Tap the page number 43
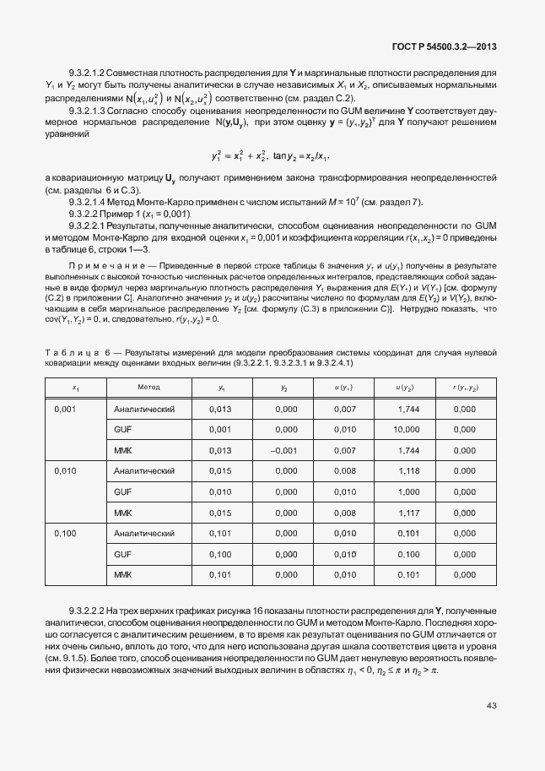tap(491, 706)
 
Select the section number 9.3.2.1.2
tap(89, 73)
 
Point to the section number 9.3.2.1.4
tap(89, 203)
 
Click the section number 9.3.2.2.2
tap(89, 610)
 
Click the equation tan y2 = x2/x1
tap(300, 156)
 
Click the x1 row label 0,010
tap(65, 471)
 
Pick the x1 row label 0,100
tap(65, 534)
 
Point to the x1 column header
tap(76, 387)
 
